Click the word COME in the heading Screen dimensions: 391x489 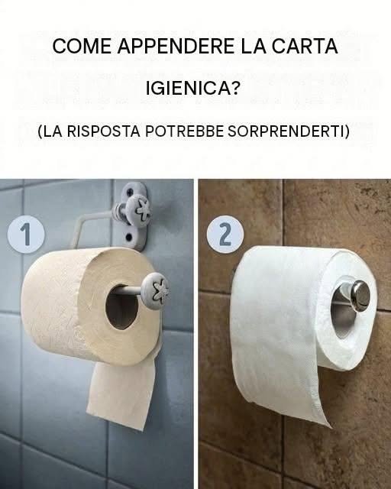[x=82, y=46]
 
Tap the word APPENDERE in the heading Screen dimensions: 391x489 [x=176, y=46]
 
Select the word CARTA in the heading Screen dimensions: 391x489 [x=305, y=46]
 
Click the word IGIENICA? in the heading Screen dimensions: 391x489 [x=193, y=89]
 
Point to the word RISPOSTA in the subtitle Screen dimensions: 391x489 [x=104, y=131]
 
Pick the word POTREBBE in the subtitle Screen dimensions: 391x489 [x=185, y=131]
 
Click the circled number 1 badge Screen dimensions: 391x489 [x=26, y=234]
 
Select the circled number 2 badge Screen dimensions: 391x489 [x=225, y=234]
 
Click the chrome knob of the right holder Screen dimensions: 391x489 [x=360, y=295]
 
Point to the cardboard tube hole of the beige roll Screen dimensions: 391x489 [x=121, y=307]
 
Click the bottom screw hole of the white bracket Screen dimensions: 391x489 [x=129, y=238]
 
